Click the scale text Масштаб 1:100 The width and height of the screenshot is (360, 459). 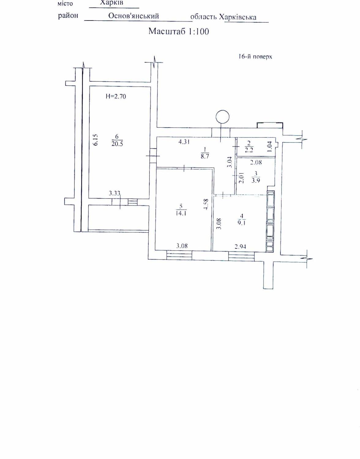(x=179, y=31)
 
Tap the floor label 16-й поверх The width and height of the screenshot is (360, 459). (x=255, y=57)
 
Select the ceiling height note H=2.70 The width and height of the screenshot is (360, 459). (x=116, y=96)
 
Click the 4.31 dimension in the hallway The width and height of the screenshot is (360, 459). (x=184, y=142)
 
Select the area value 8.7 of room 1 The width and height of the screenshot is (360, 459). (x=205, y=157)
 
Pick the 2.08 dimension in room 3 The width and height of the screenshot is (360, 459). (x=256, y=162)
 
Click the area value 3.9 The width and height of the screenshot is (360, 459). (x=256, y=181)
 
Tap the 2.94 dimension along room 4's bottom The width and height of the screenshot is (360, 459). (x=240, y=247)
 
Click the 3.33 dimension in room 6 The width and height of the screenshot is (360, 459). (x=114, y=193)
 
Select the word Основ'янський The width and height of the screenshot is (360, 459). (x=133, y=16)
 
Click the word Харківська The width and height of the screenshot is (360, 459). (x=238, y=17)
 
